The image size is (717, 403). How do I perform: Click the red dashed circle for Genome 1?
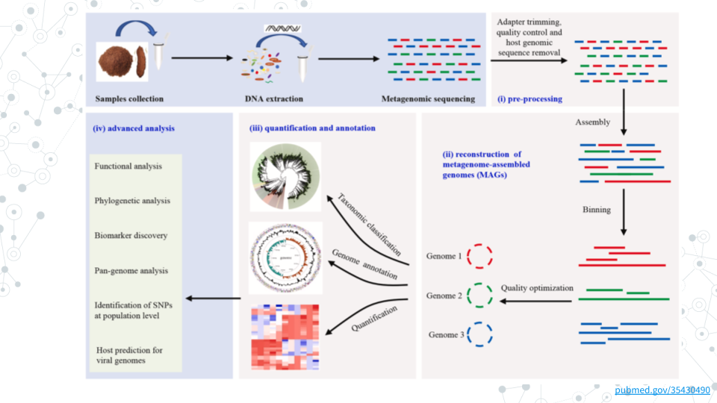coord(480,257)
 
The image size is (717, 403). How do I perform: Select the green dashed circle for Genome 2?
coord(479,296)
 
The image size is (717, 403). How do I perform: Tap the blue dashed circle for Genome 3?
coord(479,334)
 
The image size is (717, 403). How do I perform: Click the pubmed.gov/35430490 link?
coord(662,390)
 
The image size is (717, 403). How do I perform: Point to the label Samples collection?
coord(129,99)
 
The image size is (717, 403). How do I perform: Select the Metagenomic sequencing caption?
coord(428,99)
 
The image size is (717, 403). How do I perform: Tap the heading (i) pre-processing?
coord(530,99)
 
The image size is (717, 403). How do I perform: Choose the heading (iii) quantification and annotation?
coord(312,128)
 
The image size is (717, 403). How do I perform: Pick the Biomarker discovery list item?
coord(131,236)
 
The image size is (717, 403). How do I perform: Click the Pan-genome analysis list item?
coord(131,270)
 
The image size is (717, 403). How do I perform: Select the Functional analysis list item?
coord(128,166)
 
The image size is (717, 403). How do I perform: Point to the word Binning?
coord(596,210)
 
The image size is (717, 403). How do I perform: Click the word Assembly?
coord(592,122)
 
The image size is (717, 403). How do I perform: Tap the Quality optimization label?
coord(537,287)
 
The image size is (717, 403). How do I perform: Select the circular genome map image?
coord(285,257)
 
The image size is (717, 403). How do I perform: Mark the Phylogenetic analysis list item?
coord(132,201)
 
